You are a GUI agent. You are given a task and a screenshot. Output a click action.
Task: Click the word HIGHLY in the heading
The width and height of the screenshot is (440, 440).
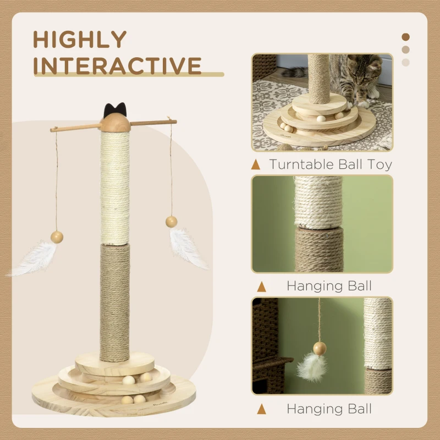tap(80, 40)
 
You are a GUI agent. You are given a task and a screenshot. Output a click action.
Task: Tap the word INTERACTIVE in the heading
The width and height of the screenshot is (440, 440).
tap(117, 65)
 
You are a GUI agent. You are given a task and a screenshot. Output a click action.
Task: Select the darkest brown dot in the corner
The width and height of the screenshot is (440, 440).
tap(406, 37)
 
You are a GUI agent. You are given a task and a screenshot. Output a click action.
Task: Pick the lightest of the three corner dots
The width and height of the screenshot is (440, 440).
tap(406, 62)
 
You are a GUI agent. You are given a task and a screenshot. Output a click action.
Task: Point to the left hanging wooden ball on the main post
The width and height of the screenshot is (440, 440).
tap(57, 237)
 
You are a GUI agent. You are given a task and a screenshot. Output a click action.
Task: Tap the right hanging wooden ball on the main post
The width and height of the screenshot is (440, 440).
tap(172, 221)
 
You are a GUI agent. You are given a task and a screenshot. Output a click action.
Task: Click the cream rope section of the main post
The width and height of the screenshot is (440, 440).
tap(115, 187)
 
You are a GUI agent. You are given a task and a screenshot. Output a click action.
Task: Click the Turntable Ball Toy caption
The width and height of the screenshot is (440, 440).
tap(330, 164)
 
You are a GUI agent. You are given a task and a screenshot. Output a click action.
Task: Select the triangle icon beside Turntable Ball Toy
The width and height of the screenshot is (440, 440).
tap(255, 164)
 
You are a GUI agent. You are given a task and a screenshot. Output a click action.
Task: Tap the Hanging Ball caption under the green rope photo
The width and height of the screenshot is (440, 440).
tap(329, 286)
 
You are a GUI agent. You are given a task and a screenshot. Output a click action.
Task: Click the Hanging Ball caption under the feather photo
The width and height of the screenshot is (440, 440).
tap(329, 409)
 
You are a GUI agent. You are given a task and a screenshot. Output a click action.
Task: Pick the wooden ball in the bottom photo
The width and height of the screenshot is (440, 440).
tap(320, 348)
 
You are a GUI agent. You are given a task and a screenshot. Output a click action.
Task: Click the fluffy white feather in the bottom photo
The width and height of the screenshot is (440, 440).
tap(312, 367)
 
